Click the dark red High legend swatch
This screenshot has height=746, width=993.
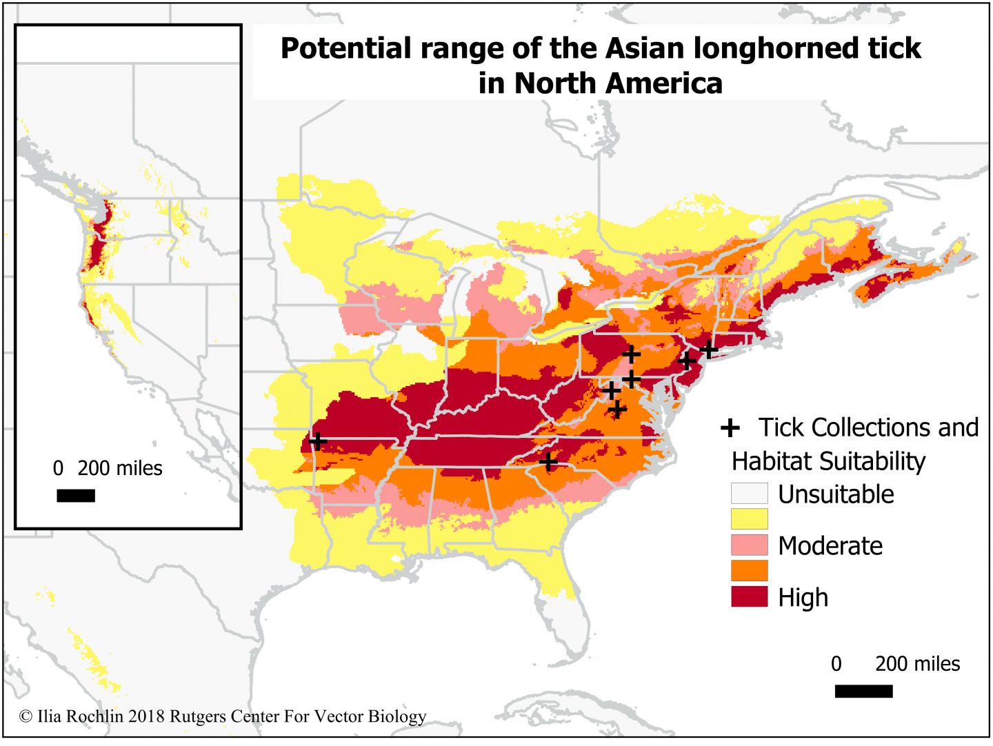tap(749, 596)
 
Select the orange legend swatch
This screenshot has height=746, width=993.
tap(749, 571)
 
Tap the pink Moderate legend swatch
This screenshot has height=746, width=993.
tap(749, 545)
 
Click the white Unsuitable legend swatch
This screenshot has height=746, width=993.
tap(749, 494)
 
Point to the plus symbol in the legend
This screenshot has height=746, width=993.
tap(730, 428)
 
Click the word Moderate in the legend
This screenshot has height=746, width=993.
tap(830, 545)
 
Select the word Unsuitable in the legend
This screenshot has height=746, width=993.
tap(836, 494)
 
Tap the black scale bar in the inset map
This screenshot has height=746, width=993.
tap(75, 496)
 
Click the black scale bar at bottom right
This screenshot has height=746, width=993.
tap(863, 691)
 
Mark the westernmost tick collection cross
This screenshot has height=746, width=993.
tap(317, 441)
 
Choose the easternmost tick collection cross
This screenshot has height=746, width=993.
tap(709, 350)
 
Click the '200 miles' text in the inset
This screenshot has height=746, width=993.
tap(119, 469)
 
